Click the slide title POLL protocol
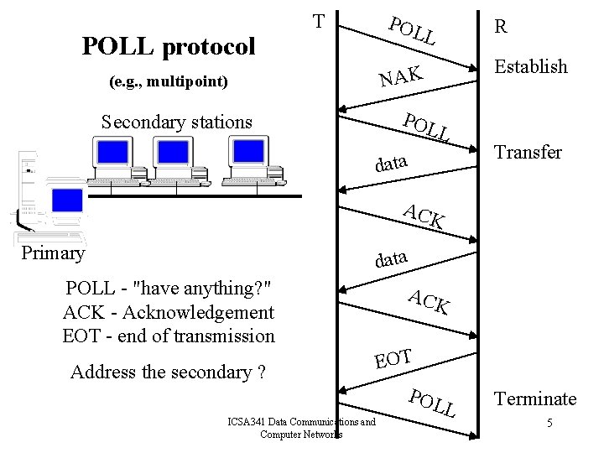click(x=168, y=46)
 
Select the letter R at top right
click(x=500, y=26)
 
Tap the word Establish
click(x=531, y=66)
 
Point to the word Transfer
click(x=528, y=152)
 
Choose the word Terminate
click(x=535, y=398)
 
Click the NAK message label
click(x=398, y=76)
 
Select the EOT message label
click(x=393, y=358)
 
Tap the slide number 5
click(x=549, y=423)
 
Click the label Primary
click(x=53, y=253)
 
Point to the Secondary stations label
click(x=176, y=122)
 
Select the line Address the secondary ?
click(x=169, y=372)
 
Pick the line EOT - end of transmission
click(x=169, y=336)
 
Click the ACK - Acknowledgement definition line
click(x=169, y=312)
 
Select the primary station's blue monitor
click(x=67, y=200)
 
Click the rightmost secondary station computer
click(x=250, y=159)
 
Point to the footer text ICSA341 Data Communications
click(x=301, y=422)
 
